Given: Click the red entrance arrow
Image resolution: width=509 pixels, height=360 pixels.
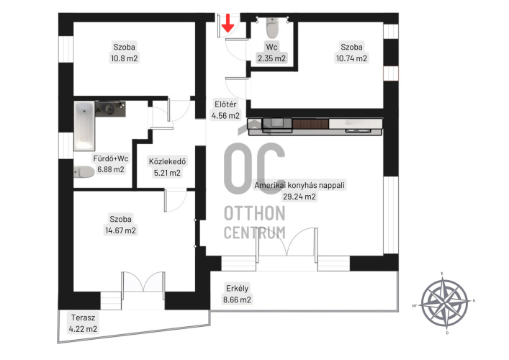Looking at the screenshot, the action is (x=228, y=23).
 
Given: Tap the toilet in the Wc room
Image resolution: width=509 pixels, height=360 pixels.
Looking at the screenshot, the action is (x=272, y=27).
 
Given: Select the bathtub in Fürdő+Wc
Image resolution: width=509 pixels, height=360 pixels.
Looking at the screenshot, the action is (x=84, y=126).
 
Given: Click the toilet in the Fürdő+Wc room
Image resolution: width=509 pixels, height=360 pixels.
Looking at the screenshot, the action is (x=84, y=172).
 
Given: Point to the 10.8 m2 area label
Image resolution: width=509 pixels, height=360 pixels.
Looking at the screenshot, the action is (x=125, y=58).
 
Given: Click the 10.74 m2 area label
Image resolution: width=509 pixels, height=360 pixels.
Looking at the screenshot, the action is (x=351, y=58).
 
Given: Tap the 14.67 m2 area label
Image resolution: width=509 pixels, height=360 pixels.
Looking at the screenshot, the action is (x=120, y=230).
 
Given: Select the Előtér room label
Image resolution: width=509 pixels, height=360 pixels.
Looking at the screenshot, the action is (x=225, y=104).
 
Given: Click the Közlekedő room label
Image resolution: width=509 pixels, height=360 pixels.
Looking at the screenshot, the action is (x=167, y=161).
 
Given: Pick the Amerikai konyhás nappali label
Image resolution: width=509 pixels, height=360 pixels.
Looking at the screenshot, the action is (x=299, y=185).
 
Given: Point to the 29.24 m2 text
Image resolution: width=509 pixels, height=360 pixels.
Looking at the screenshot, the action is (x=299, y=197).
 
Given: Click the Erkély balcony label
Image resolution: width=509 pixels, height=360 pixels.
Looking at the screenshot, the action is (x=238, y=288).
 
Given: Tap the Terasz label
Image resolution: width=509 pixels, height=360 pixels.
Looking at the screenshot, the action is (x=83, y=318).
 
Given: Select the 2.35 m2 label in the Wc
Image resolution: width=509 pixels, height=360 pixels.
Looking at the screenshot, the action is (x=271, y=58).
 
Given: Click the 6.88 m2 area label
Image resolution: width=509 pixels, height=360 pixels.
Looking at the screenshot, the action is (x=111, y=169).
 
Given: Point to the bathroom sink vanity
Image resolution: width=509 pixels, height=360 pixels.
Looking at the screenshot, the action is (x=110, y=109).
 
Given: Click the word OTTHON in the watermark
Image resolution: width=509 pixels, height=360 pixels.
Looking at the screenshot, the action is (x=255, y=213).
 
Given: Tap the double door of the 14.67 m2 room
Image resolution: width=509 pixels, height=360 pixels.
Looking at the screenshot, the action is (x=143, y=282).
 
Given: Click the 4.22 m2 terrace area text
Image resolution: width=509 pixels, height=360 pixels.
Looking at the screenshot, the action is (x=83, y=329).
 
